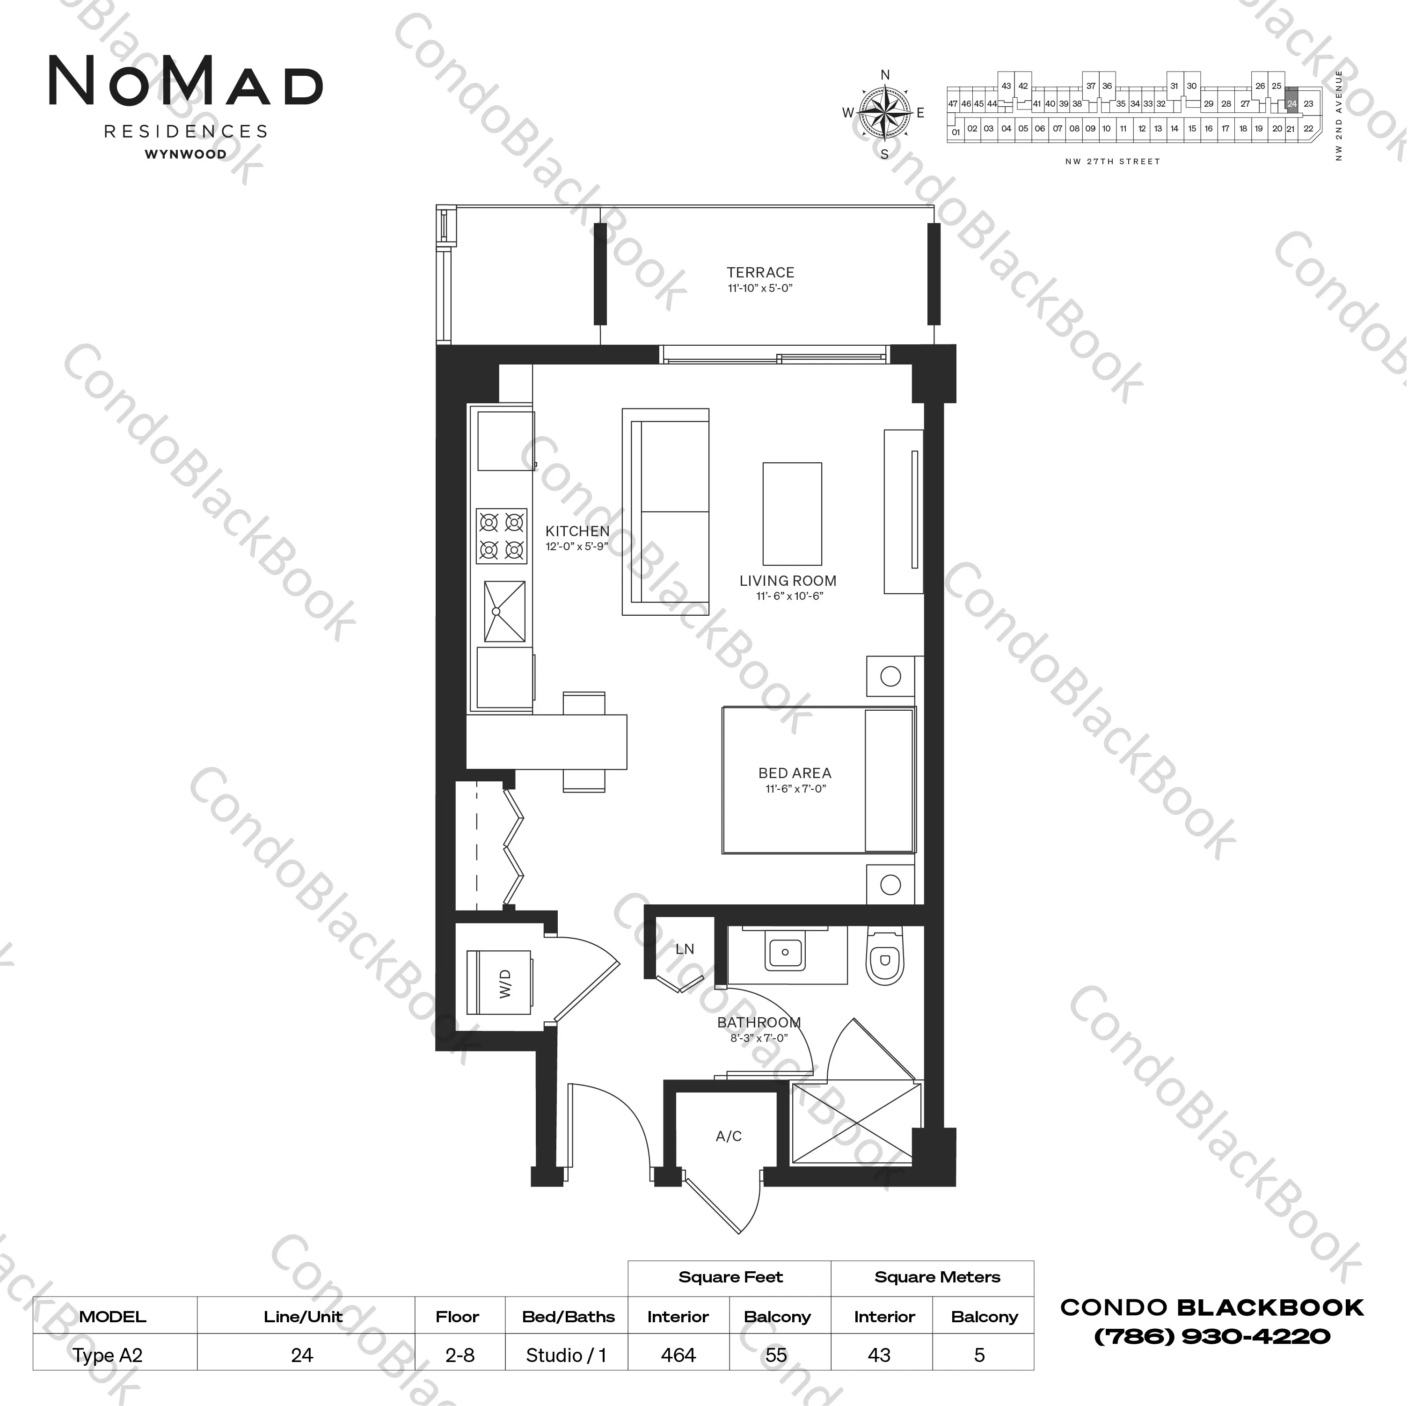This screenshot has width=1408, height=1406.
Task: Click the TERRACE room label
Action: pos(760,273)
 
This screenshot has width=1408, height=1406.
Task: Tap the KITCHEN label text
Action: pos(577,532)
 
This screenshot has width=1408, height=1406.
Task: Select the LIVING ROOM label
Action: pos(788,581)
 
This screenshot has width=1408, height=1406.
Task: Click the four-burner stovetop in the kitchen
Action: pos(502,536)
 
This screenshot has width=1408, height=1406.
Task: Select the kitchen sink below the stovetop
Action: pos(504,611)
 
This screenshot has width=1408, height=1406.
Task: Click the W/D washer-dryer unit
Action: pos(499,983)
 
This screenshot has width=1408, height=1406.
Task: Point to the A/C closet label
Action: pos(729,1136)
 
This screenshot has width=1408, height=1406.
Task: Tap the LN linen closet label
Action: pos(684,949)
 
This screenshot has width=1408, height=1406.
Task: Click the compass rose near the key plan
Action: pos(885,113)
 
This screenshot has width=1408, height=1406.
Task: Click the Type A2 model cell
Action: pos(108,1356)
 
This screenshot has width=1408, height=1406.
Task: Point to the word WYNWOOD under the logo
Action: pos(186,154)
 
